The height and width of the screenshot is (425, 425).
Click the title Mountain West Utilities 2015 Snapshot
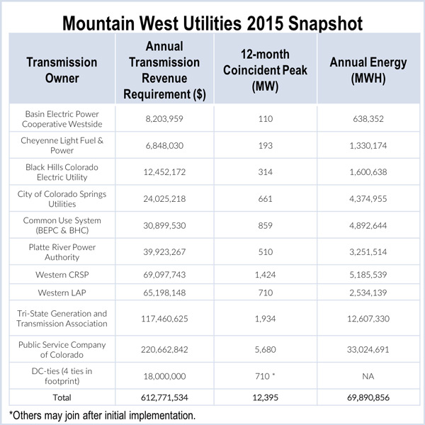click(x=212, y=22)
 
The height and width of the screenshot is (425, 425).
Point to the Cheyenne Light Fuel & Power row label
click(x=62, y=146)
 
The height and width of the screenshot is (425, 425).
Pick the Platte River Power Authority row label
click(x=62, y=251)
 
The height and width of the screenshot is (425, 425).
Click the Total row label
click(x=62, y=399)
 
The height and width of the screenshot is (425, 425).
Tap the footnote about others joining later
click(x=103, y=416)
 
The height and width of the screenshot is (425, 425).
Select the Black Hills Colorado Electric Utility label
click(x=62, y=172)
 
